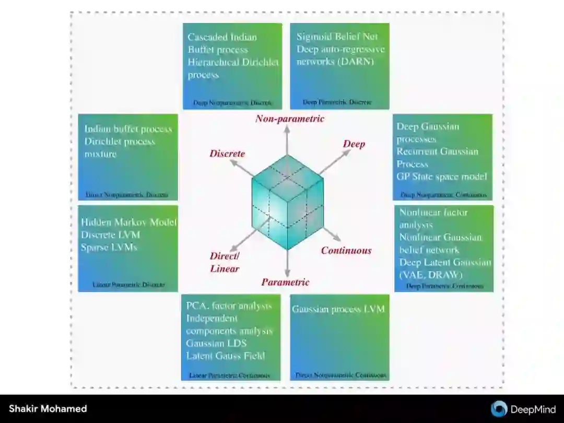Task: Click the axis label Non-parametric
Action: pyautogui.click(x=290, y=119)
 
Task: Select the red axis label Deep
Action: pyautogui.click(x=354, y=144)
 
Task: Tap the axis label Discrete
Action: pyautogui.click(x=227, y=153)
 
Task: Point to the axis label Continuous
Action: pyautogui.click(x=346, y=250)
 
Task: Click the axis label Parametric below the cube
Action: pyautogui.click(x=285, y=282)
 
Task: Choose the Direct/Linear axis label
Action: pyautogui.click(x=225, y=262)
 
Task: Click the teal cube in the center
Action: pyautogui.click(x=287, y=201)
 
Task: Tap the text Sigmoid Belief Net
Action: pyautogui.click(x=337, y=37)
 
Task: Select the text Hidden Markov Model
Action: pyautogui.click(x=128, y=222)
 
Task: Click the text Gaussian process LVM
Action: pyautogui.click(x=338, y=309)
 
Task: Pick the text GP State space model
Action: pyautogui.click(x=442, y=177)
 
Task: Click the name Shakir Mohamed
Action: pyautogui.click(x=48, y=409)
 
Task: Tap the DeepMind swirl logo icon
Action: pyautogui.click(x=499, y=409)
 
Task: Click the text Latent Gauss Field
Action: pyautogui.click(x=225, y=356)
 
